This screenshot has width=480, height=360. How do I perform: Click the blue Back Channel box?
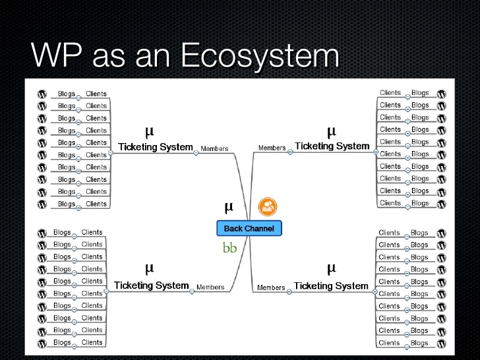[249, 228]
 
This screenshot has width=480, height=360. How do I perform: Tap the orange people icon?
[268, 207]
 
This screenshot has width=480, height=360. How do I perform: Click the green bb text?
[229, 249]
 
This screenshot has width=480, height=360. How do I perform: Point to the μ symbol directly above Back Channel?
[229, 207]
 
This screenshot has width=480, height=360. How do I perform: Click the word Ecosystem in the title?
[259, 57]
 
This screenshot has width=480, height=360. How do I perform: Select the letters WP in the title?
[57, 57]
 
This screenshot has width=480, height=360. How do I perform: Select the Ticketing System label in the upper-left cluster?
[155, 147]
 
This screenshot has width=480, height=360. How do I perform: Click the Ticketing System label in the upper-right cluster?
[332, 146]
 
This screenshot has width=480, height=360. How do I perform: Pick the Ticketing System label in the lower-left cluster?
[152, 285]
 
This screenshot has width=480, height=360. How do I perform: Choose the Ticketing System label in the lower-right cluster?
[330, 285]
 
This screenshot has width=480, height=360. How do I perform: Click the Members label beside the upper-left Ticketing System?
[214, 149]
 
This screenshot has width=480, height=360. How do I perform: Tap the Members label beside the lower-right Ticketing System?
[271, 287]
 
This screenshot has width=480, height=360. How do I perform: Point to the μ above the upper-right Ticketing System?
[331, 131]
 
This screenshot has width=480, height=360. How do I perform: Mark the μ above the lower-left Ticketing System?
[149, 268]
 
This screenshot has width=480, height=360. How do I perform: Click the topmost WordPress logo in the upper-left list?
[42, 94]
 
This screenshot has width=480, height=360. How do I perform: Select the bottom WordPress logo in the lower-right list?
[442, 343]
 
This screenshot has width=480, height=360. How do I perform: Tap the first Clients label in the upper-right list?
[390, 93]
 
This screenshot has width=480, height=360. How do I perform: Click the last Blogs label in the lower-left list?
[62, 342]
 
